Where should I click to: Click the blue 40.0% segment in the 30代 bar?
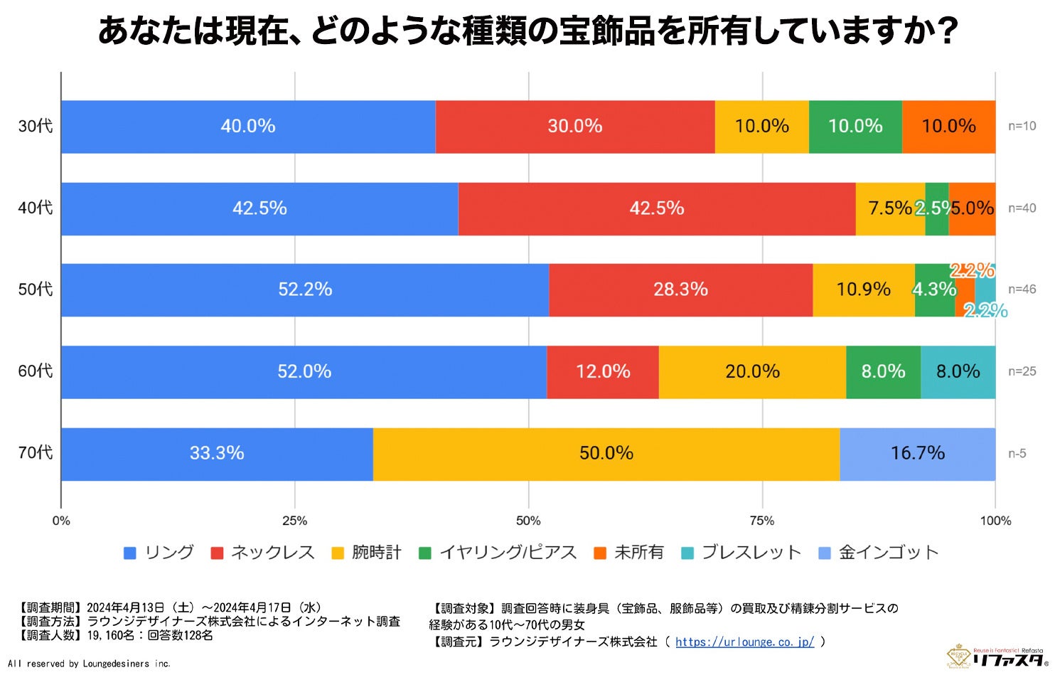247,127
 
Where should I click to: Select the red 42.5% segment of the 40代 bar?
656,208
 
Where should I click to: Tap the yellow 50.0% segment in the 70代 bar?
606,454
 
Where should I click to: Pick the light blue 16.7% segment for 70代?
917,454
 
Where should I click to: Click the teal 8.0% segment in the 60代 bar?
958,372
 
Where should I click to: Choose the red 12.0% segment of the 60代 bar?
602,372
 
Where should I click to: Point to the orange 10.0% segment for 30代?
948,127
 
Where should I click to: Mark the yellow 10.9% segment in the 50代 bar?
863,290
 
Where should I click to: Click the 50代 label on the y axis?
36,289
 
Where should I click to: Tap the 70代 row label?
36,453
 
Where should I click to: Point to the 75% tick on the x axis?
761,521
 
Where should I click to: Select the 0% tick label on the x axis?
61,521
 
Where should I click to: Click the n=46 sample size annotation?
1022,289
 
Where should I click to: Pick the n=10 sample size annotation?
1022,126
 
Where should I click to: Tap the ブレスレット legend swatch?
687,553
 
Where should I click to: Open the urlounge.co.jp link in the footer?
744,642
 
